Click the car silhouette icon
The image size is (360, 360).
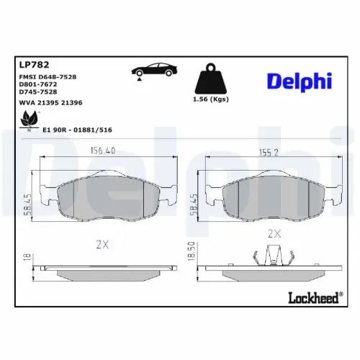(150, 71)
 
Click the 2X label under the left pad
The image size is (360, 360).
(102, 245)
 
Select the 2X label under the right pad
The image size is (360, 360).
(274, 234)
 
